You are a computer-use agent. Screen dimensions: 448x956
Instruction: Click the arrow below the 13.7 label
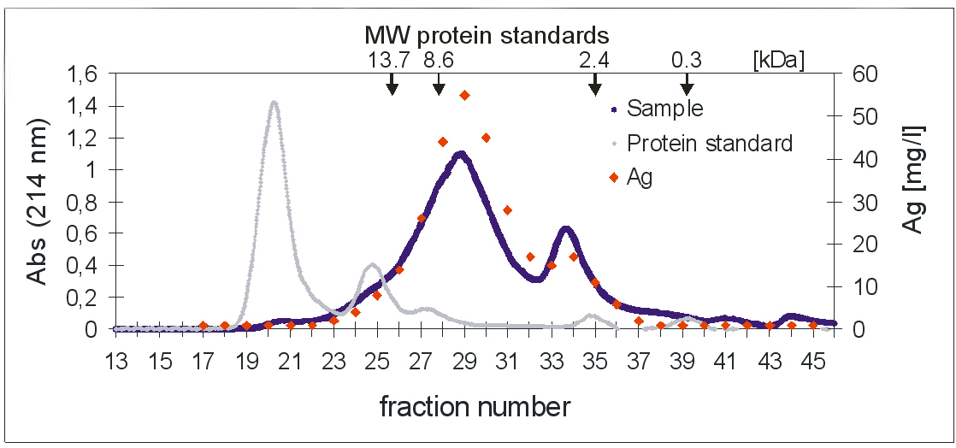(x=392, y=83)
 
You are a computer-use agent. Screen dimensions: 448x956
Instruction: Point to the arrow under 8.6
(x=439, y=83)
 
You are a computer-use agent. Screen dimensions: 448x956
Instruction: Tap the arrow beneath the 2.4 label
(x=595, y=83)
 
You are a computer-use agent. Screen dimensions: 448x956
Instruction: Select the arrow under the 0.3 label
(x=687, y=83)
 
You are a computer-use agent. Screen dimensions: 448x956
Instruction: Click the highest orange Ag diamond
(x=464, y=95)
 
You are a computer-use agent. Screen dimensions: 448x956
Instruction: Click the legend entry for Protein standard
(x=710, y=143)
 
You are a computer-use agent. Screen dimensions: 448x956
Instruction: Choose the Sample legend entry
(x=664, y=109)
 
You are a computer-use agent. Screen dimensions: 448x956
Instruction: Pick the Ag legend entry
(x=640, y=178)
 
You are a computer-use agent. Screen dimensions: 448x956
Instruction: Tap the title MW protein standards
(x=487, y=35)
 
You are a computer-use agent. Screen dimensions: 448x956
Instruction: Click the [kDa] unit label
(x=778, y=61)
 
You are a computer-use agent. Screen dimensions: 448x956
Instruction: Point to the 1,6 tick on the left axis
(x=88, y=74)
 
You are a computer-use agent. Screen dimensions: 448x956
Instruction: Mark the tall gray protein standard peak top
(x=274, y=102)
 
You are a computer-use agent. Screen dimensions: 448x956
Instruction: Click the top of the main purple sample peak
(x=461, y=154)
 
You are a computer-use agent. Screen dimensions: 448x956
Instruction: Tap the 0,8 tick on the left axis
(x=88, y=202)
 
